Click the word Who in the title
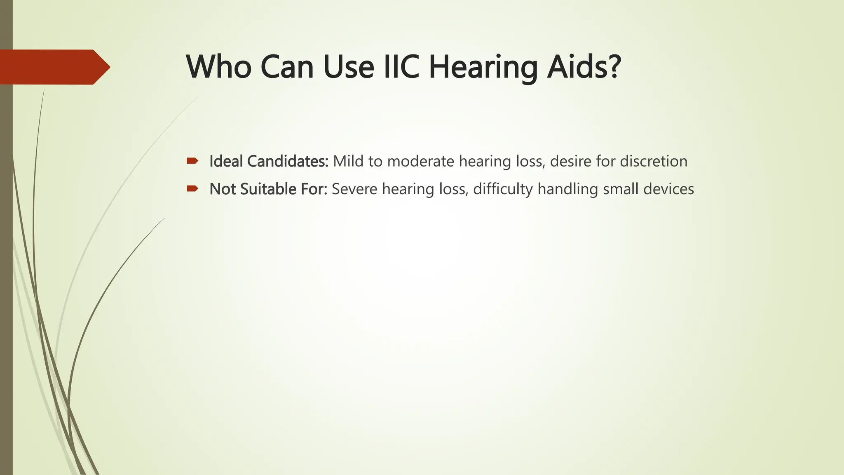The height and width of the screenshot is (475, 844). [x=219, y=67]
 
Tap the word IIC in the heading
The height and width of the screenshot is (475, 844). [x=401, y=67]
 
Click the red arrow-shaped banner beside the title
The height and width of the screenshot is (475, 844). [x=54, y=67]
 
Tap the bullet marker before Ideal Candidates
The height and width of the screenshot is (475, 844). [x=192, y=161]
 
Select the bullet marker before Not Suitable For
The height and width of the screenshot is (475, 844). [x=192, y=189]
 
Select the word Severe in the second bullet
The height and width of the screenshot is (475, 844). [x=354, y=189]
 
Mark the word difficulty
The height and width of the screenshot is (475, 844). [x=503, y=189]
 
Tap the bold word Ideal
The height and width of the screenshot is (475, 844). [x=226, y=161]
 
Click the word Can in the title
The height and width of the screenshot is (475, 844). [x=287, y=67]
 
